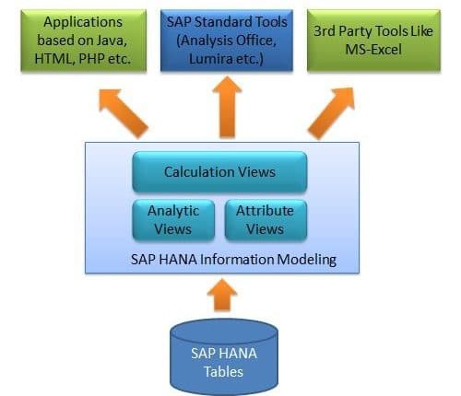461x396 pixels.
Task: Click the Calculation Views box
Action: point(219,172)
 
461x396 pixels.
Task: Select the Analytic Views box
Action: point(172,219)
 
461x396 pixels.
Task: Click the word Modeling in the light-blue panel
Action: point(307,261)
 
